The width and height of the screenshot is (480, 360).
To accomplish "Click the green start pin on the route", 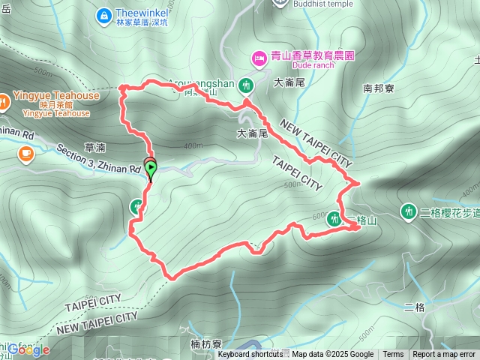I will pos(151,169).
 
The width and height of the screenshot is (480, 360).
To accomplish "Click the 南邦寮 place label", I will pos(378,88).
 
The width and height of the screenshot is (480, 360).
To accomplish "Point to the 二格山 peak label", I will pos(361,220).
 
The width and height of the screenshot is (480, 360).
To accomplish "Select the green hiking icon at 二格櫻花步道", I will pos(409,212).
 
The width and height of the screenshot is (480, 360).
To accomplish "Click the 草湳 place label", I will pos(95,148).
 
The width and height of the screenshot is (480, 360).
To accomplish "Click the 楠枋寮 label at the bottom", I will pos(206,344).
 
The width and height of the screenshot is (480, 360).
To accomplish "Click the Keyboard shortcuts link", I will pos(250,355).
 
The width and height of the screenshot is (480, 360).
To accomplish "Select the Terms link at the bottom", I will pos(393,355).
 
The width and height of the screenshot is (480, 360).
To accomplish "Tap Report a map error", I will pos(444,355).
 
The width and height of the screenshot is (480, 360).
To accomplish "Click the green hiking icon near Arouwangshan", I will pos(246,86).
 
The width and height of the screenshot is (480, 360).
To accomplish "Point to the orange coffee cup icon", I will pos(26,154).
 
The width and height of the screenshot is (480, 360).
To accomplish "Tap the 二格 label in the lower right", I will pos(414,307).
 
